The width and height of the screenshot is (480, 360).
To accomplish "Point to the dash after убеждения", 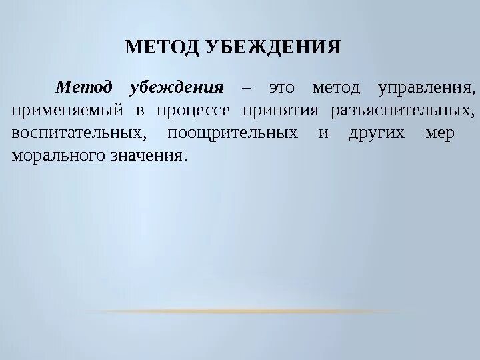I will [246, 87].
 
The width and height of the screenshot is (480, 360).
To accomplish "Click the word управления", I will [426, 87].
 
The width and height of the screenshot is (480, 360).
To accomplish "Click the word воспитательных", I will [79, 133].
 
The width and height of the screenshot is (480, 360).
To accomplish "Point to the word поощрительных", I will [232, 133].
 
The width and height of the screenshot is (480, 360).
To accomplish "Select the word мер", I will [439, 133].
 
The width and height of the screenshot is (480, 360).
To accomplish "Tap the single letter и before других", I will [323, 133].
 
